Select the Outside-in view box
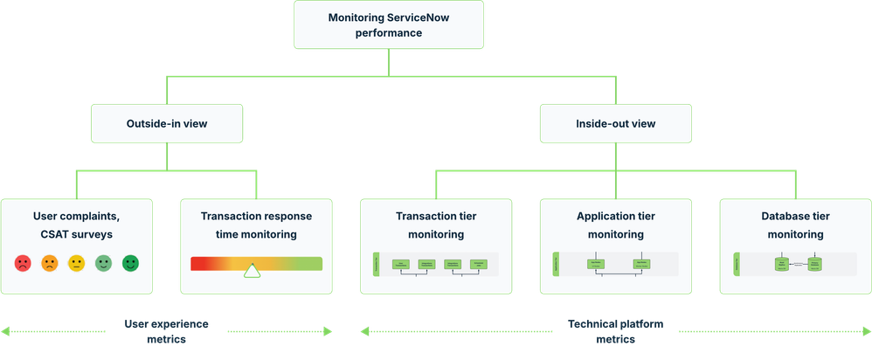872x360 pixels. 167,124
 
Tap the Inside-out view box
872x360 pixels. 615,124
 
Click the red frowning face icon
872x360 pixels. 22,263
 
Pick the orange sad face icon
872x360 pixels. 49,263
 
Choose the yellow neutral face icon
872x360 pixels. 76,263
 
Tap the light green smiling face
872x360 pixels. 103,263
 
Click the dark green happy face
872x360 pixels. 130,263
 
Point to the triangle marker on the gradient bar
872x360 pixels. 252,271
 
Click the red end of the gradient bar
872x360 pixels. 197,263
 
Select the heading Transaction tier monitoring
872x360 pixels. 429,225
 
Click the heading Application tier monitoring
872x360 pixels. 615,225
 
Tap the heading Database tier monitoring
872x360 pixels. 794,225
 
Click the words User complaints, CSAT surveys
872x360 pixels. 77,225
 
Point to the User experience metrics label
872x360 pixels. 166,331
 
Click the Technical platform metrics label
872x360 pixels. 615,331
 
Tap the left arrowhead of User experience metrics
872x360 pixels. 5,331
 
